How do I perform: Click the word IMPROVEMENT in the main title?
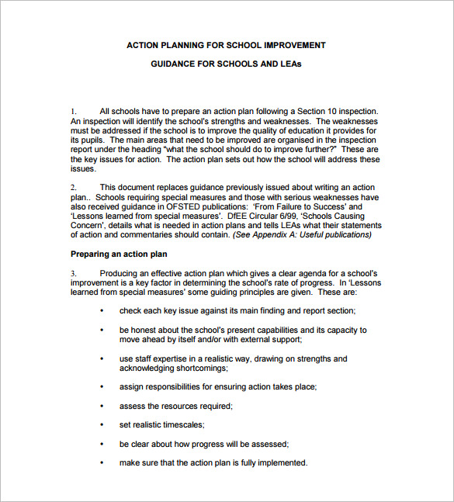[292, 45]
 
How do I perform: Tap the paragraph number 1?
[74, 112]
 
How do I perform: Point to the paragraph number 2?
[74, 188]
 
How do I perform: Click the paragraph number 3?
[74, 274]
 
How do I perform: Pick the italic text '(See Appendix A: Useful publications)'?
[302, 235]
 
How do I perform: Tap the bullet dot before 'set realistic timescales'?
[102, 425]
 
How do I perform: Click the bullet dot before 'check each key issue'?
[102, 311]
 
